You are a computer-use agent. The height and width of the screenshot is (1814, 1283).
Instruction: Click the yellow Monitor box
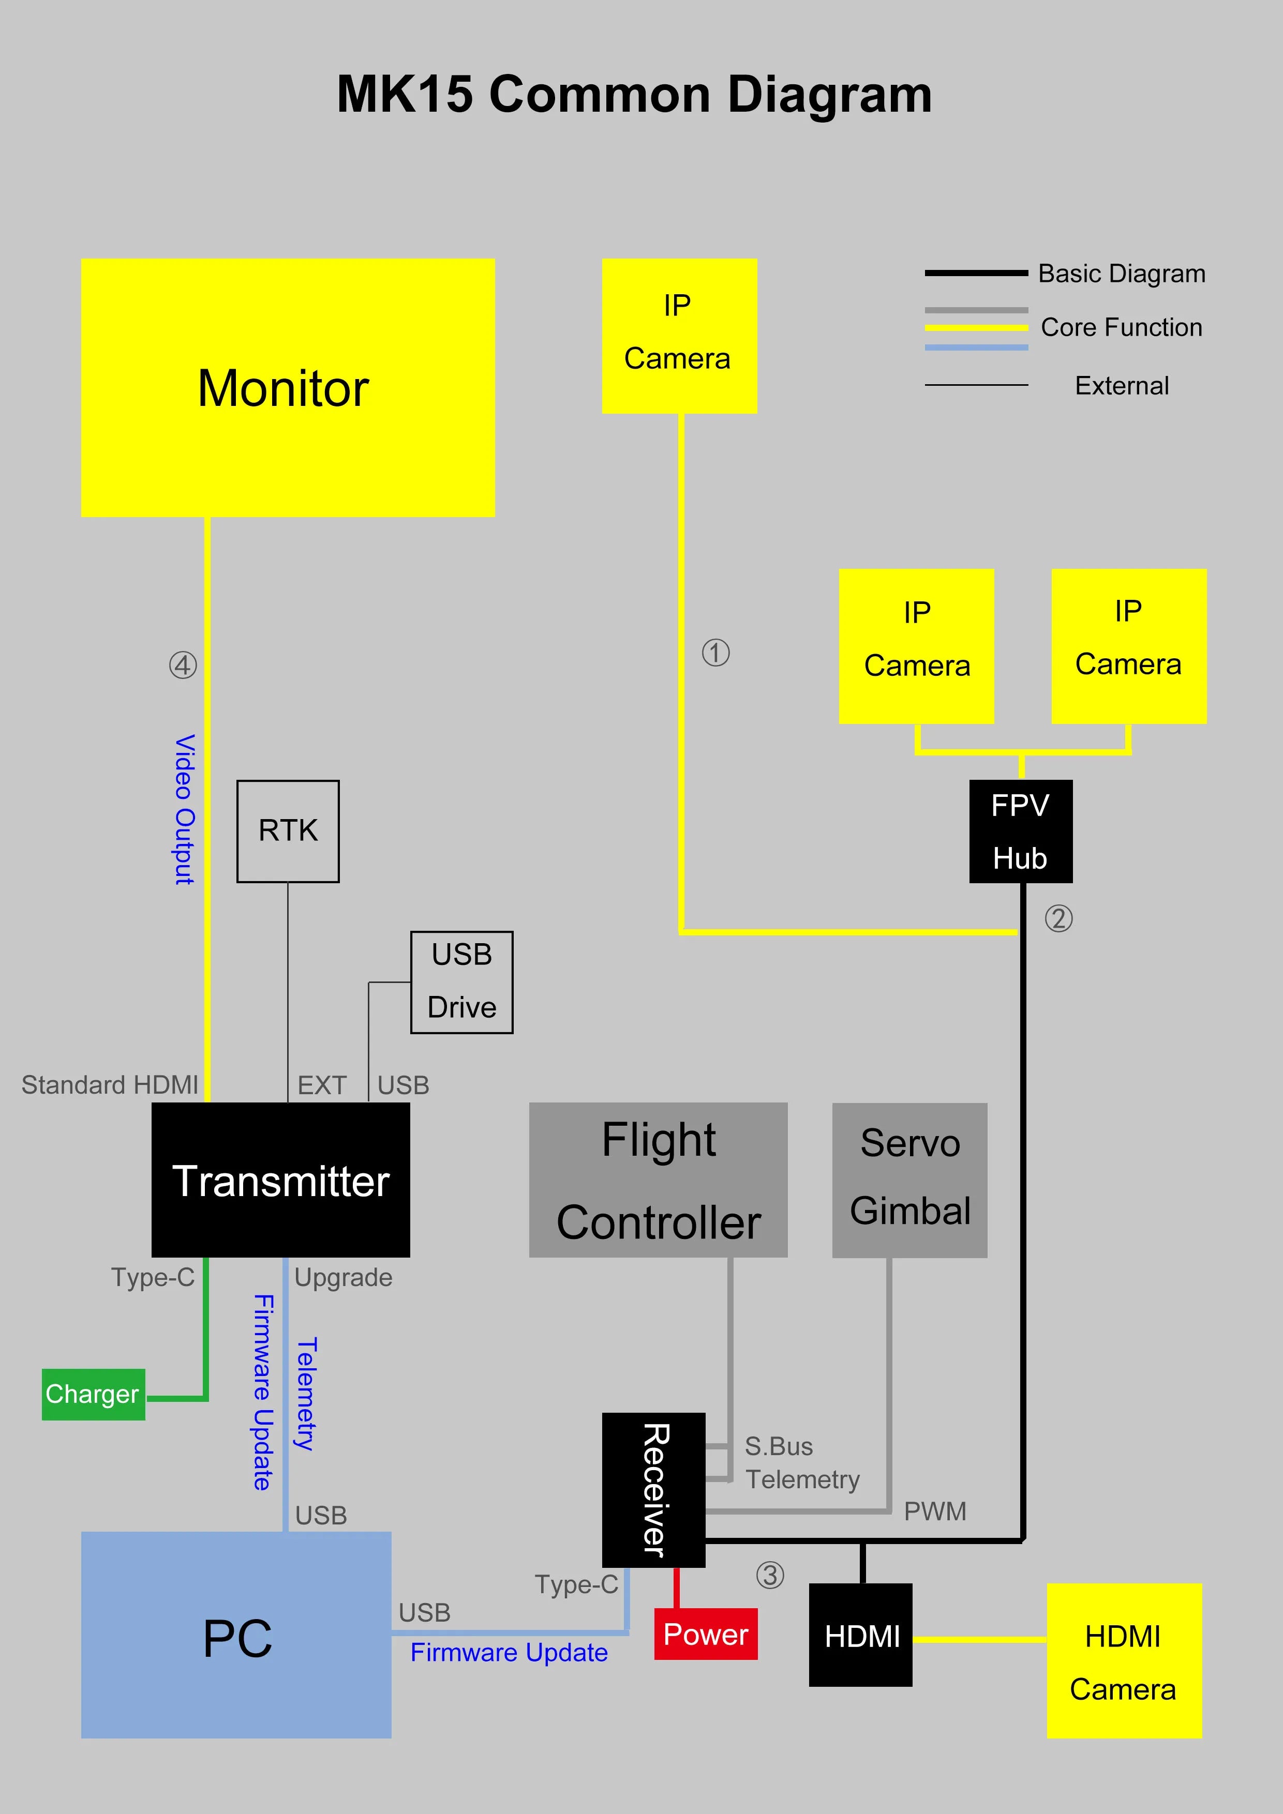click(x=288, y=387)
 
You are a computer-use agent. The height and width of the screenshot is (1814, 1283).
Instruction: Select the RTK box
click(x=288, y=831)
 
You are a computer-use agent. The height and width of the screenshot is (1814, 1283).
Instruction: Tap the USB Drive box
click(x=461, y=982)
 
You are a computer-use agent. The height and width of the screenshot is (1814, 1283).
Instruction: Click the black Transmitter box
click(x=280, y=1180)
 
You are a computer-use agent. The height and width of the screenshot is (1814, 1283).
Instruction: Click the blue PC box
click(x=236, y=1636)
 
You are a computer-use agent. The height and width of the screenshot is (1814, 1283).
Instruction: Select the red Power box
click(x=705, y=1634)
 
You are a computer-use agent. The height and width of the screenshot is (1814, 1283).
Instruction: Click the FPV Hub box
click(x=1021, y=831)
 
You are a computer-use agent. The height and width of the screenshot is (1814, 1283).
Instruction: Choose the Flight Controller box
click(x=658, y=1180)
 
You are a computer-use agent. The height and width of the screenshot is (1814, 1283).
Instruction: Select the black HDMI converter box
click(x=860, y=1636)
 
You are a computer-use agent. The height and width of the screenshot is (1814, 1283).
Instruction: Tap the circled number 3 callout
click(x=770, y=1576)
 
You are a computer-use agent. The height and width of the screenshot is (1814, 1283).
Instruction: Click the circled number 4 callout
click(x=183, y=665)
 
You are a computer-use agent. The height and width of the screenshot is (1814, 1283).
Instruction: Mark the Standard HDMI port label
click(x=110, y=1085)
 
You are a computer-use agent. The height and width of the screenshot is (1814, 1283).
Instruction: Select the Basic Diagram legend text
click(x=1121, y=274)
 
